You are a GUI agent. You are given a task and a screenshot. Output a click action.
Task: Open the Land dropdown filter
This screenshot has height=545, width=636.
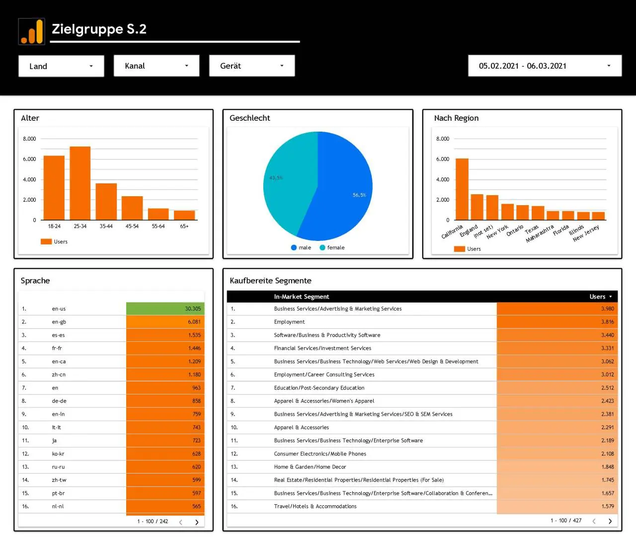tap(61, 66)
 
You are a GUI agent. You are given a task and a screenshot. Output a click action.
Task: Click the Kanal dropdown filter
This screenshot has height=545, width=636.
tap(157, 66)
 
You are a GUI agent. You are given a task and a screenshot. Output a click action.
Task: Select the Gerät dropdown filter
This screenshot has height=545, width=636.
tap(252, 66)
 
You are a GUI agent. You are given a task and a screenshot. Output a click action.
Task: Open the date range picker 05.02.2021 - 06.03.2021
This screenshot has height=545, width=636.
tap(545, 66)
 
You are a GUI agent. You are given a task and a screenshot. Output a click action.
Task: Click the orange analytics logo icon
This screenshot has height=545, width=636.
tap(32, 31)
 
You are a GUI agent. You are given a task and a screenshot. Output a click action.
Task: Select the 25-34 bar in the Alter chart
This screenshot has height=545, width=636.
tap(80, 183)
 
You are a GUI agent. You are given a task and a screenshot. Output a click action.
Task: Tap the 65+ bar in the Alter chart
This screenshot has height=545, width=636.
tap(184, 215)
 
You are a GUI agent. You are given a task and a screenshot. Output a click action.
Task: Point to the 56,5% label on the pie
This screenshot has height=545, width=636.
tap(359, 195)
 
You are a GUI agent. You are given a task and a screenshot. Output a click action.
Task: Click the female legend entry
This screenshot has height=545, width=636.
tap(332, 247)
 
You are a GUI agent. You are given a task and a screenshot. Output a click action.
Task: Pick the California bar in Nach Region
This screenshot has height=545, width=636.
tap(462, 189)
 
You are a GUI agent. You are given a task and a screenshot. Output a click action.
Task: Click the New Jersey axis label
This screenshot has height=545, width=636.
tap(586, 234)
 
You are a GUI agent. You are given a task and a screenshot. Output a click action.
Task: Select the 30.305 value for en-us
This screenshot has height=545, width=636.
tap(193, 309)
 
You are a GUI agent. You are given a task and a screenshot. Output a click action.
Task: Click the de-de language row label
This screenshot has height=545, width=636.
tap(59, 401)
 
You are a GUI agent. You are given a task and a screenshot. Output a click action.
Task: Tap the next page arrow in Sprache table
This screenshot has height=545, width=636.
tap(197, 522)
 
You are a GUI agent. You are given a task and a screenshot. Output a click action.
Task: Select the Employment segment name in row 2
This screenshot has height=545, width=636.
tap(289, 322)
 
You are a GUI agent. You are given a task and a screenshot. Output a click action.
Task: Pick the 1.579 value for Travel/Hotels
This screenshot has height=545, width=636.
tap(607, 506)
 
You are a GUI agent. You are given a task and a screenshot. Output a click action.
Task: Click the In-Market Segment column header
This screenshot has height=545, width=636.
tap(302, 297)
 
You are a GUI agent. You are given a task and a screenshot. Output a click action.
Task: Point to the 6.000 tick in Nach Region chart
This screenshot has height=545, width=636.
tap(442, 159)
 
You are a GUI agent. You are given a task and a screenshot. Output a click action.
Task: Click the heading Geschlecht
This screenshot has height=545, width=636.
tap(249, 118)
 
